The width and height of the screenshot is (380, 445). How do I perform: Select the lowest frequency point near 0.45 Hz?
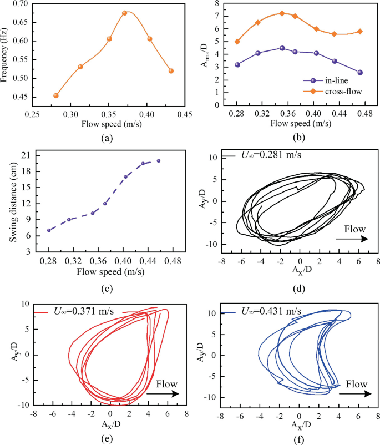[x=56, y=95]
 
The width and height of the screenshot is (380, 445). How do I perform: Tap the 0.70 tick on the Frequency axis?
[x=34, y=4]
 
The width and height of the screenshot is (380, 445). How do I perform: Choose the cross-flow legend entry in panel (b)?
[x=330, y=92]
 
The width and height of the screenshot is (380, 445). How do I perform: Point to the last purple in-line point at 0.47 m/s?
[x=360, y=73]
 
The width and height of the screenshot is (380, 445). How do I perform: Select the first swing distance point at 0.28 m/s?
[x=49, y=230]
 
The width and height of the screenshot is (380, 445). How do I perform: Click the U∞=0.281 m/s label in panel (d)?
[x=274, y=155]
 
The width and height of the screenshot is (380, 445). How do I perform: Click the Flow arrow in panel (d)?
[x=352, y=239]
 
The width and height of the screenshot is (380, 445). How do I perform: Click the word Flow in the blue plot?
[x=355, y=383]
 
